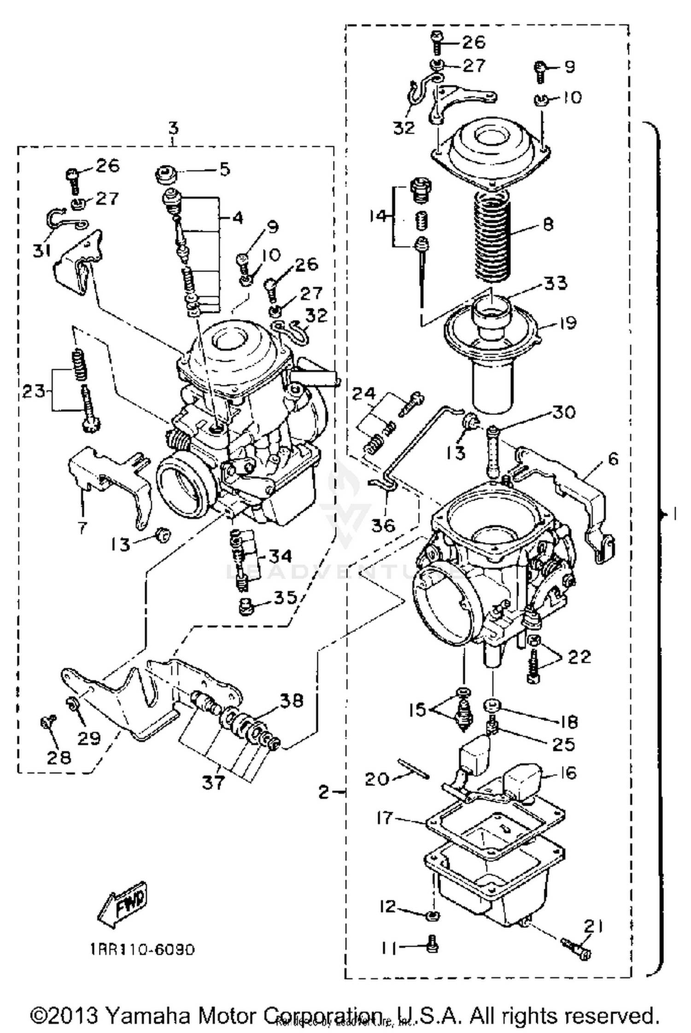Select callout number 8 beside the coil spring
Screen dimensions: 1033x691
[x=548, y=224]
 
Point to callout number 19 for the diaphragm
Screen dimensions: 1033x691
[x=568, y=323]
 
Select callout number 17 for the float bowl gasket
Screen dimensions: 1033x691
[x=385, y=818]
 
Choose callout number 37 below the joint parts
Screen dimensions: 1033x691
[x=213, y=782]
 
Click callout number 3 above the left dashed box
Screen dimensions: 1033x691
[x=173, y=128]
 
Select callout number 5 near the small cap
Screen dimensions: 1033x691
[x=224, y=169]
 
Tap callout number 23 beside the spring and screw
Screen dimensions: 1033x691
[x=35, y=392]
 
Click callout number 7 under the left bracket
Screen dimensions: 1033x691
[x=82, y=527]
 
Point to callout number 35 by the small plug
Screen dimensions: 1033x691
[x=285, y=598]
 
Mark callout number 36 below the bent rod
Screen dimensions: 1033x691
[x=384, y=525]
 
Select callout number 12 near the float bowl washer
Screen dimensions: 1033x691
[x=388, y=907]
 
